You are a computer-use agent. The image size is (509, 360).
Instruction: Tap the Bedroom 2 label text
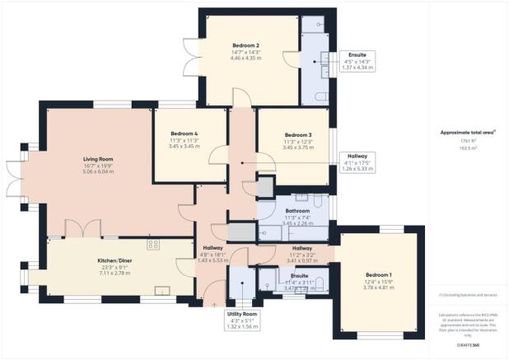tap(245, 45)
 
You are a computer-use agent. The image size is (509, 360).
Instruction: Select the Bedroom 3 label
tap(298, 134)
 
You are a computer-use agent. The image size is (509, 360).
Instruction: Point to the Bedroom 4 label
tap(184, 133)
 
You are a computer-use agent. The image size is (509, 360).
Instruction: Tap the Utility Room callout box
tap(243, 320)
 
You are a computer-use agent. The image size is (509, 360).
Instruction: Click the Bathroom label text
tap(298, 199)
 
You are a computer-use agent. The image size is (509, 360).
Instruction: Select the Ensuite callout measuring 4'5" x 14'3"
tap(357, 62)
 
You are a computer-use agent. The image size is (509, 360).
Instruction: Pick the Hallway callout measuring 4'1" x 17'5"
tap(357, 161)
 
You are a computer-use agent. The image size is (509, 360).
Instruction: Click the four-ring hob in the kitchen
tap(153, 244)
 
